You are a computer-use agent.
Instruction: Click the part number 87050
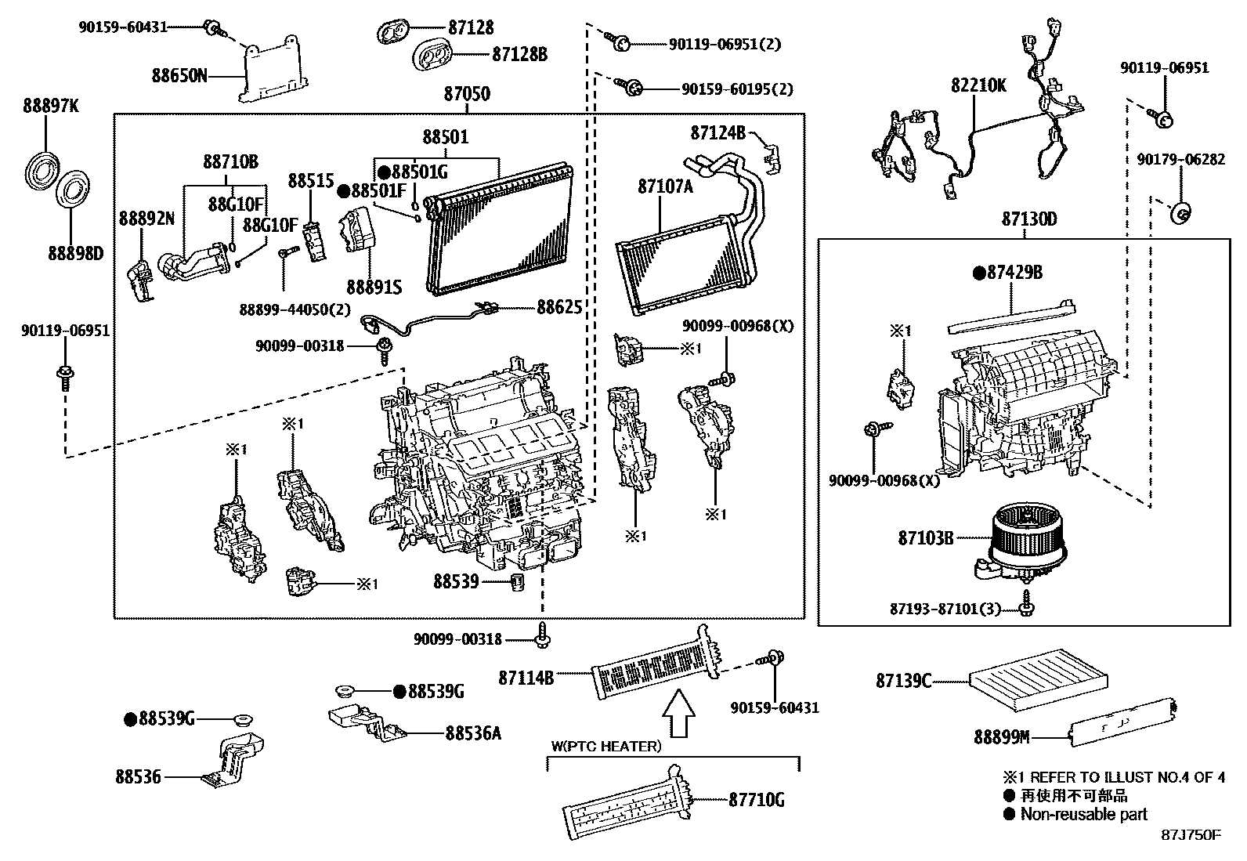click(x=467, y=94)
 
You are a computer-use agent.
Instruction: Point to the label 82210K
click(x=978, y=85)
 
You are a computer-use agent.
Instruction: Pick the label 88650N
click(x=179, y=76)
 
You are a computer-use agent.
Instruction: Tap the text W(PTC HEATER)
click(x=605, y=747)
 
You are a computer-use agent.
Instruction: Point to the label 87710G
click(x=756, y=800)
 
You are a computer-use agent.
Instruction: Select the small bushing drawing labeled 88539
click(x=517, y=584)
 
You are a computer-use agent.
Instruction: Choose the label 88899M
click(x=1001, y=736)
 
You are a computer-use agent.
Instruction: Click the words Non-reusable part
click(x=1083, y=814)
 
